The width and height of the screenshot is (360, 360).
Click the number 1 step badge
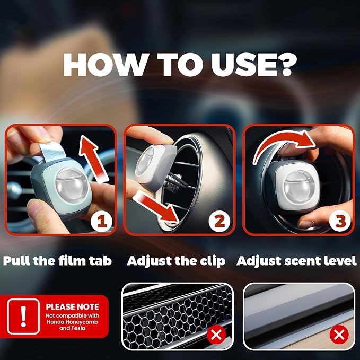[x=101, y=222]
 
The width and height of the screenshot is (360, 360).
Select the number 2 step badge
[x=219, y=221]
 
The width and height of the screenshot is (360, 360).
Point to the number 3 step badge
[x=340, y=221]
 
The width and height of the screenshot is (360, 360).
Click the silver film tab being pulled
[x=52, y=151]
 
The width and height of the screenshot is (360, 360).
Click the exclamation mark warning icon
[x=23, y=316]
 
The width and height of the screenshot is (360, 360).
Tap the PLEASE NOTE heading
[x=72, y=307]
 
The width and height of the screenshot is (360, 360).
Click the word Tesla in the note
[x=79, y=328]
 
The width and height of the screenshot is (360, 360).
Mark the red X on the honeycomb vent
[x=216, y=335]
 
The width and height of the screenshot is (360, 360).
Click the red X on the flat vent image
[x=339, y=335]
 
